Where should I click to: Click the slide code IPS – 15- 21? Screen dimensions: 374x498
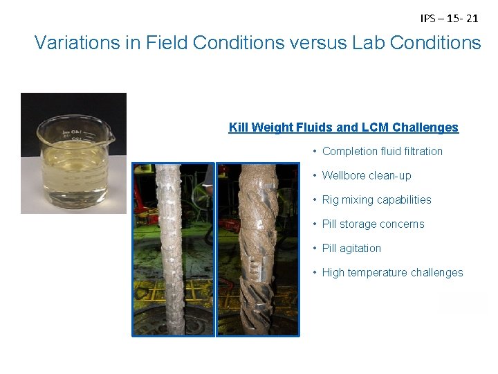click(x=449, y=19)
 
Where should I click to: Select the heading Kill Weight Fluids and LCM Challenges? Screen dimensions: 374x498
click(x=343, y=127)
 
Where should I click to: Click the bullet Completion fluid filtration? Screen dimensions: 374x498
click(x=382, y=151)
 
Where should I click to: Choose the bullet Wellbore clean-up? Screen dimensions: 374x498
click(x=367, y=175)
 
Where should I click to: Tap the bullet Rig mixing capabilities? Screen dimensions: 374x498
click(x=376, y=199)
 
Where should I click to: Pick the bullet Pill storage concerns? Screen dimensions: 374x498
click(x=373, y=224)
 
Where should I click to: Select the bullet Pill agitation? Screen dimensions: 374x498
click(x=351, y=248)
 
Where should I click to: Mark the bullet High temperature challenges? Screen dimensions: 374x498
click(x=392, y=272)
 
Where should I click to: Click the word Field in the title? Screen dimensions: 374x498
click(x=167, y=43)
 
